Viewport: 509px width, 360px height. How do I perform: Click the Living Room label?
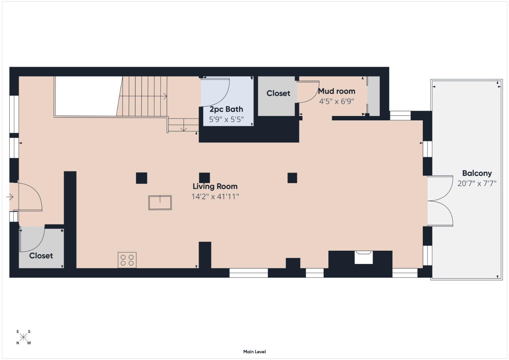215,186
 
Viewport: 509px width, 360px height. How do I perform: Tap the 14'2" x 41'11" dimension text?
215,197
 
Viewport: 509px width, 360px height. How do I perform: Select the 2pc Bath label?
226,109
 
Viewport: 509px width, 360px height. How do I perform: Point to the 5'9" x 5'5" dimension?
226,120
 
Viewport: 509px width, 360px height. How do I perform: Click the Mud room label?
336,91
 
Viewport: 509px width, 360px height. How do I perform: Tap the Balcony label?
477,173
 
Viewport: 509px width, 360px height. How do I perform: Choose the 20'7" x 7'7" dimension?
477,183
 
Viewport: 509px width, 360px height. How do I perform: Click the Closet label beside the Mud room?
278,93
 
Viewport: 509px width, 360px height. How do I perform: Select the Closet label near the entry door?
41,256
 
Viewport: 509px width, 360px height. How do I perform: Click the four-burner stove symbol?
127,260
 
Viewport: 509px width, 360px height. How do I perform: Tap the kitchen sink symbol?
160,203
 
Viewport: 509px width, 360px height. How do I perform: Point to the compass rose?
23,337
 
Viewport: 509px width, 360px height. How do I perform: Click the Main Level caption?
254,352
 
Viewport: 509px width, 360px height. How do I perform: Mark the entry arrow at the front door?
9,197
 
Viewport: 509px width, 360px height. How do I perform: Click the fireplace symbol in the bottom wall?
364,257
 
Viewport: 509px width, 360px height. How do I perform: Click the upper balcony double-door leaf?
440,188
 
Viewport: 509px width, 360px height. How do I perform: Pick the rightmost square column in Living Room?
292,178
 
